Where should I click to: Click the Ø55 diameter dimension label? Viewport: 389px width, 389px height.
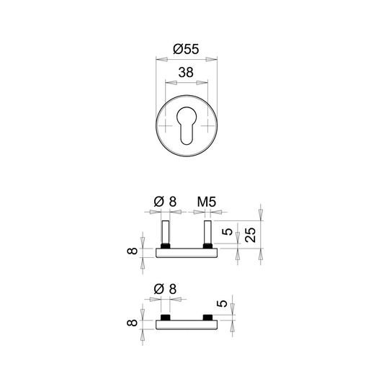pyautogui.click(x=186, y=49)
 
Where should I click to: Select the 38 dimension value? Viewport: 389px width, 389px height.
pyautogui.click(x=186, y=73)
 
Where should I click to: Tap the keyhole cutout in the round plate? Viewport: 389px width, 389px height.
pyautogui.click(x=187, y=125)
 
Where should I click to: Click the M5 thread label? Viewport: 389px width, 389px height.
pyautogui.click(x=207, y=202)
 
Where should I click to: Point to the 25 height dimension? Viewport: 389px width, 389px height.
pyautogui.click(x=250, y=235)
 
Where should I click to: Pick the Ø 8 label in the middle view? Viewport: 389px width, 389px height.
pyautogui.click(x=165, y=202)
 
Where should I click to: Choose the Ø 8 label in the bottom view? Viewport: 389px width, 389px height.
pyautogui.click(x=165, y=289)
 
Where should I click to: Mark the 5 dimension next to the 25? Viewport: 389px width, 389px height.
pyautogui.click(x=227, y=232)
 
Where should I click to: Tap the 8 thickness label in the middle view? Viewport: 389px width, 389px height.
pyautogui.click(x=132, y=251)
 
